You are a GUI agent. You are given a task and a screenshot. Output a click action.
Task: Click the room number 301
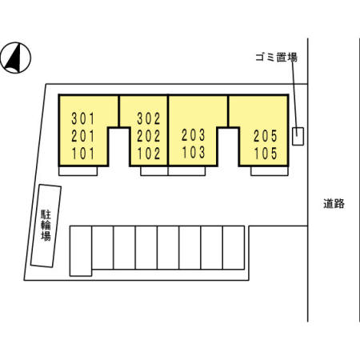83,118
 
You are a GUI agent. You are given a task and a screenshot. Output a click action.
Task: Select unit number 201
83,136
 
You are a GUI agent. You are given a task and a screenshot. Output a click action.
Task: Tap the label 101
83,154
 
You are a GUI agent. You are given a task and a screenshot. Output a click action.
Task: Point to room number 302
149,118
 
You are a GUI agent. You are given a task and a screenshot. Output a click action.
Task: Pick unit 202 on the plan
149,136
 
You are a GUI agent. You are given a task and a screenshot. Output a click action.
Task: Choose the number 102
149,154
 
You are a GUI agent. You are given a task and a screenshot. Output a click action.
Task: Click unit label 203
194,135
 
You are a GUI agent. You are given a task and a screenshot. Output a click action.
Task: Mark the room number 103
194,152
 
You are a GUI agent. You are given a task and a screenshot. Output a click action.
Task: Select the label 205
266,136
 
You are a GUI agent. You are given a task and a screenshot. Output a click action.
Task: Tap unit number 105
266,154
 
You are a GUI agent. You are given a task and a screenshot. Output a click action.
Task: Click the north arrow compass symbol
16,58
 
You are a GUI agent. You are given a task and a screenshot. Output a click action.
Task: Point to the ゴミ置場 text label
276,58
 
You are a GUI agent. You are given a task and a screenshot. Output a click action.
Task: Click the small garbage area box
298,136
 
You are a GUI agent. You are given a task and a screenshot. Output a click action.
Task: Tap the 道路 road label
334,204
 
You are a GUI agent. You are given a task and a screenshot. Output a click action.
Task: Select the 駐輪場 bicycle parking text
46,226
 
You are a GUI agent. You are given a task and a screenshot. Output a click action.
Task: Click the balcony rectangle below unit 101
78,171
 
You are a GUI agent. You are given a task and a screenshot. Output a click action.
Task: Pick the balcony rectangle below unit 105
270,171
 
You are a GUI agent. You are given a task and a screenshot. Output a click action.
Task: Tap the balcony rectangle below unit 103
186,171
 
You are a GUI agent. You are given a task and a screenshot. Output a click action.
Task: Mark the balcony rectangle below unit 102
154,171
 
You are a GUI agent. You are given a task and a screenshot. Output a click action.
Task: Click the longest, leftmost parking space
81,251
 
